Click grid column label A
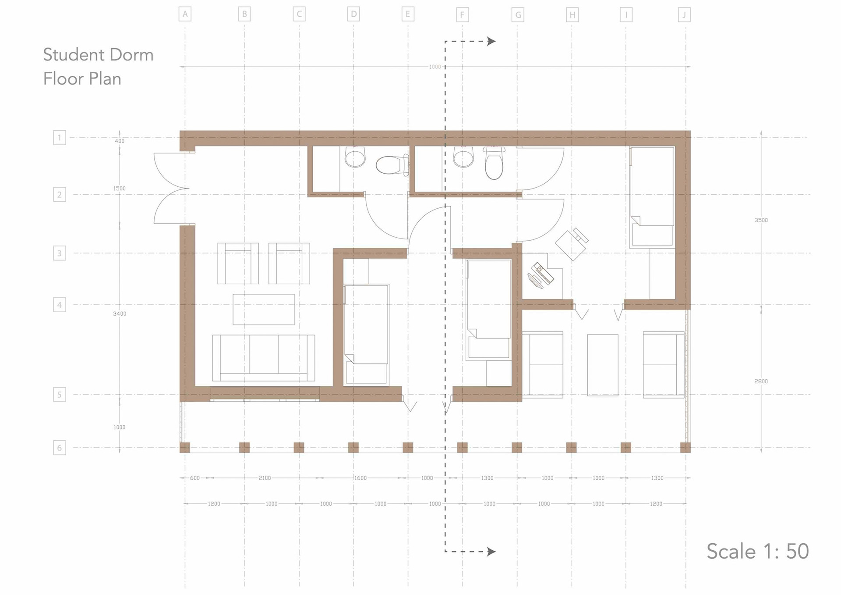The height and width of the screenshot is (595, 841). click(x=185, y=14)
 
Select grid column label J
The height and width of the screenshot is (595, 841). click(x=684, y=15)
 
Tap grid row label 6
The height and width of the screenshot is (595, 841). click(x=60, y=448)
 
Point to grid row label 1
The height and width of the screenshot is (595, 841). click(x=60, y=138)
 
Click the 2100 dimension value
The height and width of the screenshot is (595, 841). click(x=265, y=478)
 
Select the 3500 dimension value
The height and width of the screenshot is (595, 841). click(x=761, y=220)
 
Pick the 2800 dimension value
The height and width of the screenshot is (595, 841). click(x=761, y=381)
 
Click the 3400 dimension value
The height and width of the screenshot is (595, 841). click(x=120, y=314)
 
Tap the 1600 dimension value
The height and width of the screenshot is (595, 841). click(x=360, y=478)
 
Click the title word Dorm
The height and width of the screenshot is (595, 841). click(x=131, y=55)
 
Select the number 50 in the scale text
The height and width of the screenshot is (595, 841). click(x=797, y=551)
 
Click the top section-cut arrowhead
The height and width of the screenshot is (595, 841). click(x=491, y=41)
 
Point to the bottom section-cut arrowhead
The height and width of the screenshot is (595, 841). click(x=491, y=552)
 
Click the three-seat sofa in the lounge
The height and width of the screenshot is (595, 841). click(x=264, y=358)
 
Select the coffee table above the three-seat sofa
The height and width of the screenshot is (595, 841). click(x=264, y=310)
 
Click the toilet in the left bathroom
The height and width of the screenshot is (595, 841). click(x=392, y=165)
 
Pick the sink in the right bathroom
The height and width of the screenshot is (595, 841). click(x=463, y=157)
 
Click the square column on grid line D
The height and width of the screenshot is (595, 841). click(x=353, y=448)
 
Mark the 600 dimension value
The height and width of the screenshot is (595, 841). click(x=195, y=478)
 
